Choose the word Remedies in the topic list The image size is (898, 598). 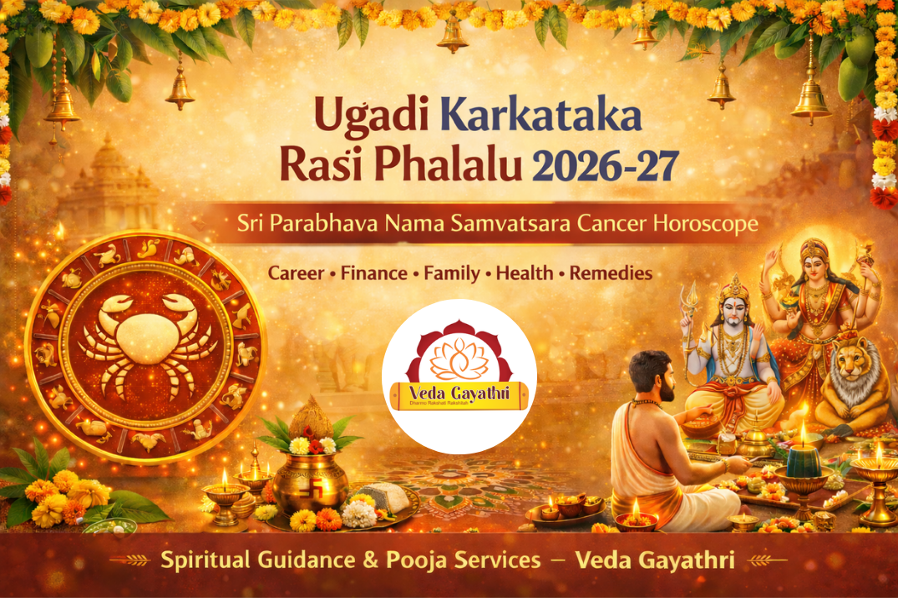click(x=611, y=273)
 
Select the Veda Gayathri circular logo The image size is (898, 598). click(x=459, y=376)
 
